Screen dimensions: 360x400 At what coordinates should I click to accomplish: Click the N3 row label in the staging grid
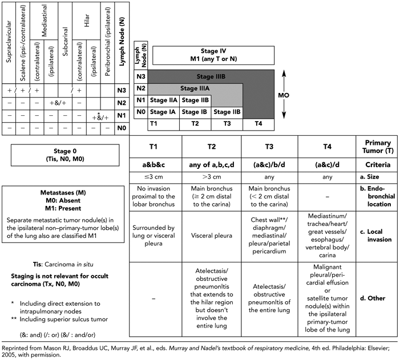click(140, 76)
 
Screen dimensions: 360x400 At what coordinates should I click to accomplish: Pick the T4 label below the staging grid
click(258, 123)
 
